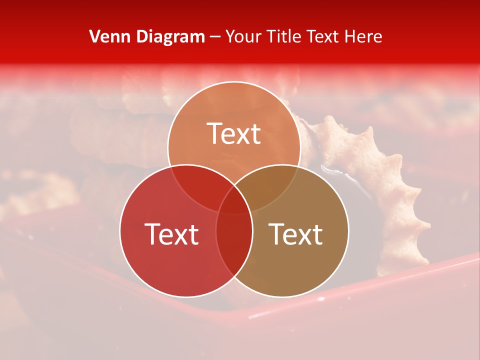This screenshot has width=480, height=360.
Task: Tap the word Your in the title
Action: pyautogui.click(x=242, y=36)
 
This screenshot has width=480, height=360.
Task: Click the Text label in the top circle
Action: pyautogui.click(x=234, y=133)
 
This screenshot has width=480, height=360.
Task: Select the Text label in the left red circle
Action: pyautogui.click(x=171, y=234)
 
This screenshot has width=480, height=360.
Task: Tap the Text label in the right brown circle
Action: pyautogui.click(x=295, y=234)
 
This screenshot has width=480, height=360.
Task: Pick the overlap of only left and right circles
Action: pyautogui.click(x=234, y=245)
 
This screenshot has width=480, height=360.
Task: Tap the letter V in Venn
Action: pyautogui.click(x=94, y=36)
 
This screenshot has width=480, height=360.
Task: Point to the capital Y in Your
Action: pyautogui.click(x=230, y=36)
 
